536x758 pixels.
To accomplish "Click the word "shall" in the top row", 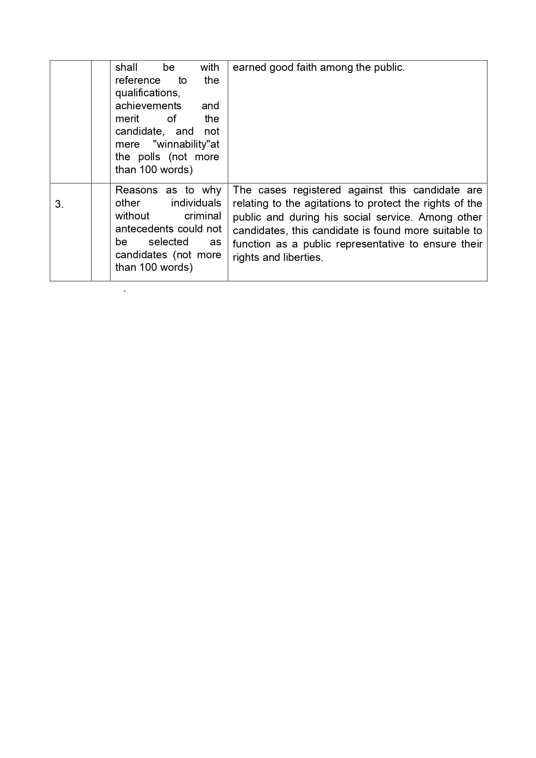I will (x=126, y=67).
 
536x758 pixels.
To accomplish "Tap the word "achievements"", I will (x=148, y=106).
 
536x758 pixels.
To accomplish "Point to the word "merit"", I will (x=127, y=119).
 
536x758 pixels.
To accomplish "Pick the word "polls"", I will (x=149, y=157).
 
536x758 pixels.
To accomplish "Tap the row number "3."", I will (x=59, y=205).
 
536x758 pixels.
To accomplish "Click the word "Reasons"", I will (x=136, y=190).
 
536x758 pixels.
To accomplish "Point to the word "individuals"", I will (x=196, y=203).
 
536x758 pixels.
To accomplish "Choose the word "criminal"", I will (x=203, y=216).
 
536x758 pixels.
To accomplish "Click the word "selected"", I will (x=168, y=242).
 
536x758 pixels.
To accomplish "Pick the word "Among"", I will (x=433, y=217).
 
